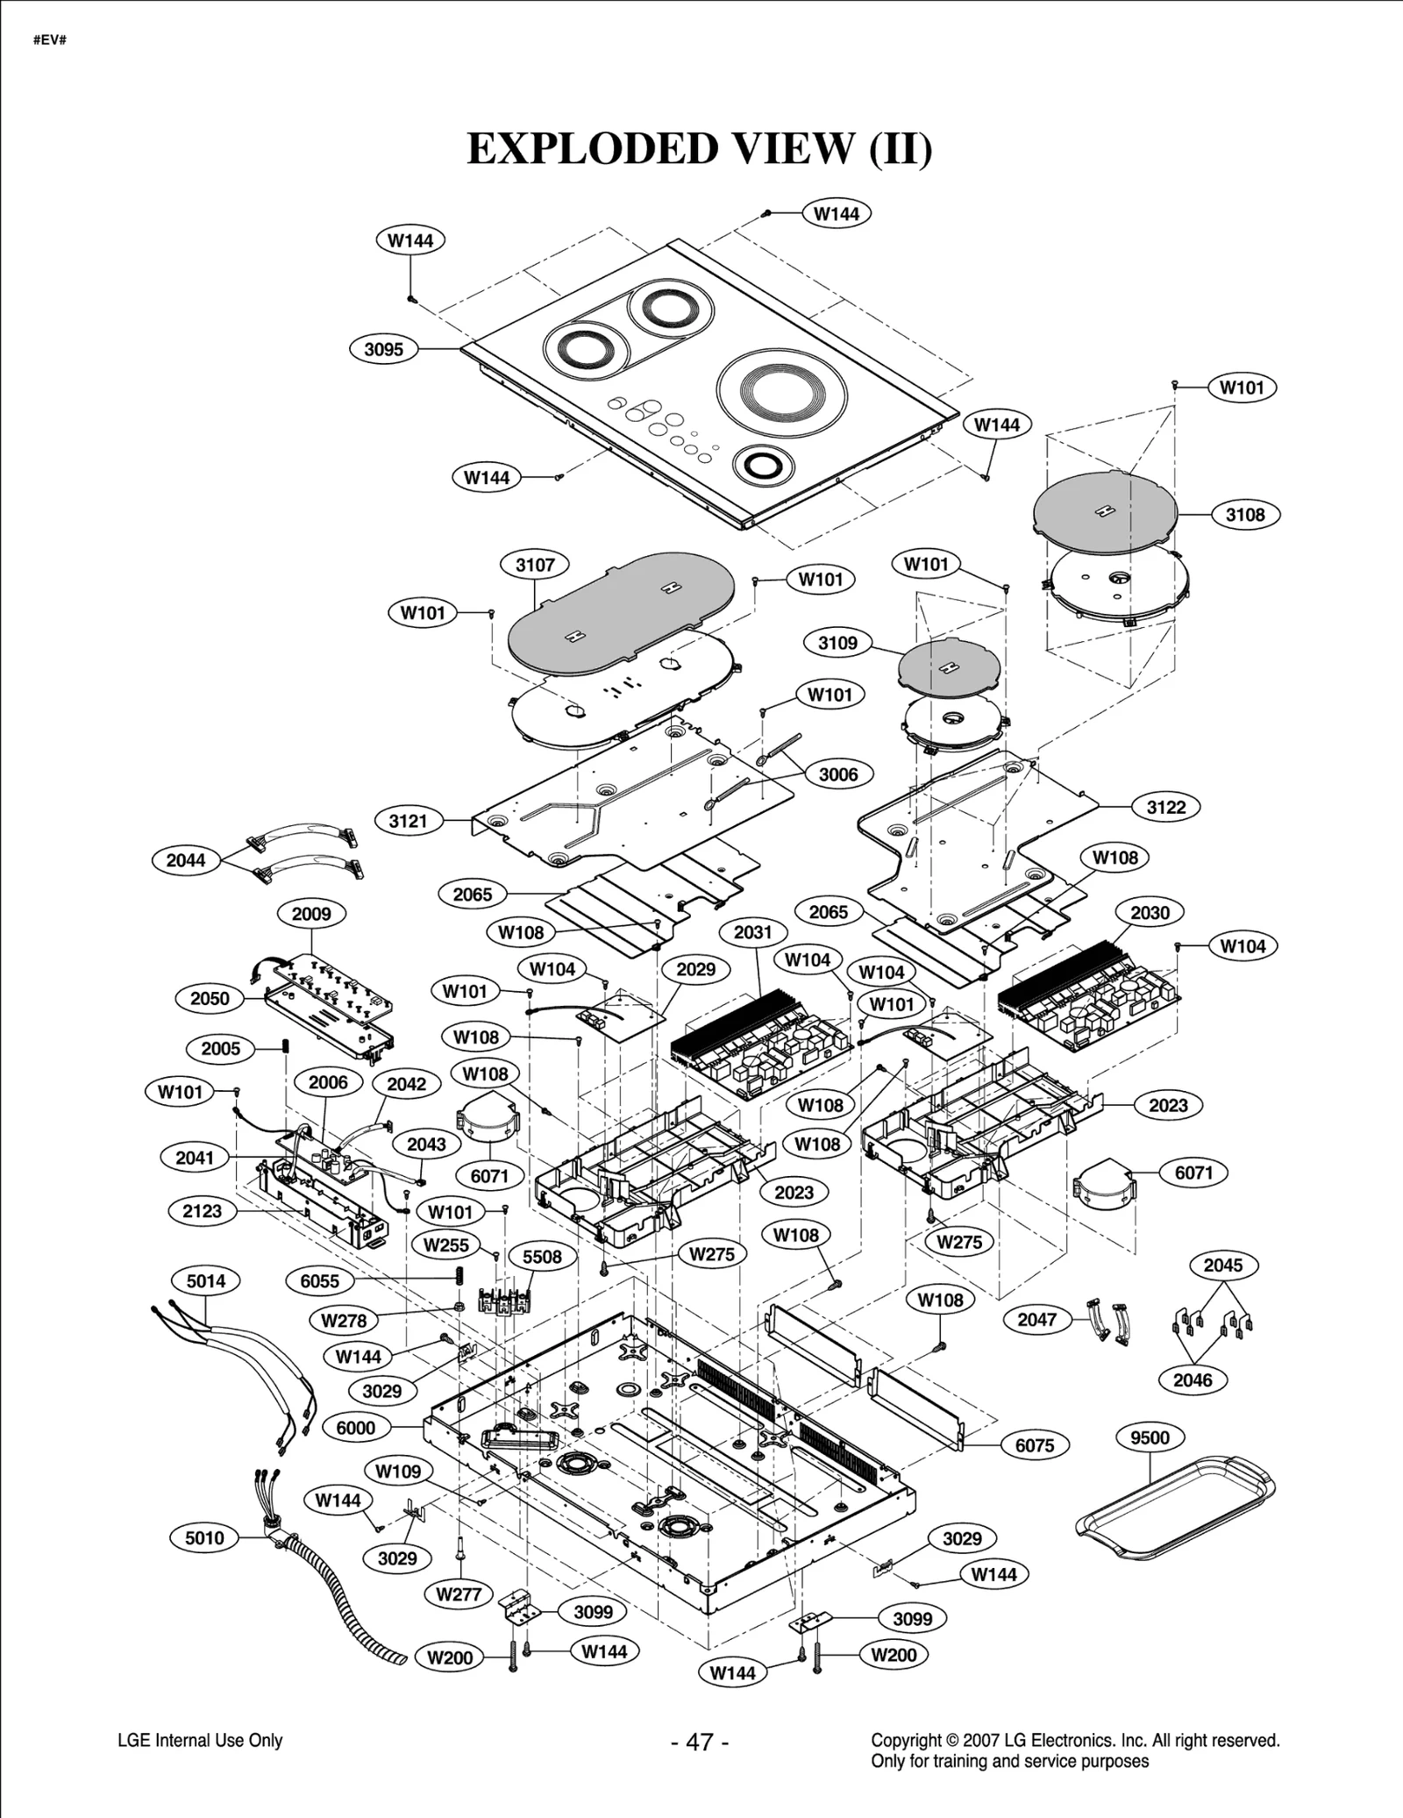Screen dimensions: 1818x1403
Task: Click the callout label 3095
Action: pyautogui.click(x=383, y=349)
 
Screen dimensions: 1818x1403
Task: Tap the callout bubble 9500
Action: pyautogui.click(x=1150, y=1437)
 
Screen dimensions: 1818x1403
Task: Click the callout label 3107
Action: pyautogui.click(x=534, y=565)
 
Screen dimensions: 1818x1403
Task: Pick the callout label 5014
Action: pyautogui.click(x=206, y=1281)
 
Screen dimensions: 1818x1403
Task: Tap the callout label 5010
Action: pyautogui.click(x=204, y=1537)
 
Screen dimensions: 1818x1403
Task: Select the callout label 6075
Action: pyautogui.click(x=1035, y=1445)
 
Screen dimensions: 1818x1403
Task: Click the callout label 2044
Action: pyautogui.click(x=186, y=860)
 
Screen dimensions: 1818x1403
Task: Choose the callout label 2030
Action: pyautogui.click(x=1150, y=913)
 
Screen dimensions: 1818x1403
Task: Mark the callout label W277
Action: pyautogui.click(x=459, y=1594)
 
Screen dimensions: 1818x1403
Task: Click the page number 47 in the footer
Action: pyautogui.click(x=700, y=1742)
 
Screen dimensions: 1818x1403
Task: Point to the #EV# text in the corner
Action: pyautogui.click(x=50, y=40)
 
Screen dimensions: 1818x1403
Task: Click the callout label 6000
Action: pyautogui.click(x=356, y=1428)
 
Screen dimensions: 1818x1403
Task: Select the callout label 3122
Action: pyautogui.click(x=1166, y=807)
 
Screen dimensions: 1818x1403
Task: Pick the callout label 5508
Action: pyautogui.click(x=542, y=1257)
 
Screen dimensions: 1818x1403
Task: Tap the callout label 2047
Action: pyautogui.click(x=1036, y=1319)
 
